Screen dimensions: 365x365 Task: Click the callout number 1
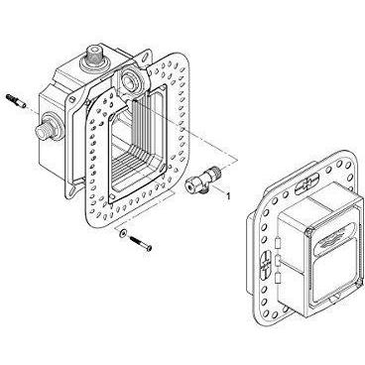[x=228, y=195]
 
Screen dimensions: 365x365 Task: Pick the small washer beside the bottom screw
[x=123, y=233]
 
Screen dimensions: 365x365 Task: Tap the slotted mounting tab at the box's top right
[x=145, y=58]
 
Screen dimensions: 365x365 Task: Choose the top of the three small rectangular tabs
[x=277, y=242]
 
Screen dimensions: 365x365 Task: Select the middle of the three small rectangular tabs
[x=278, y=260]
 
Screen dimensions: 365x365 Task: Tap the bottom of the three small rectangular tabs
[x=278, y=278]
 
